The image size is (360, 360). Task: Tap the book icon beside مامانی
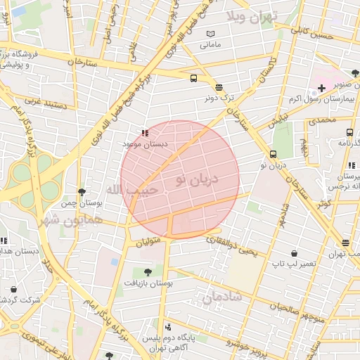(x=210, y=34)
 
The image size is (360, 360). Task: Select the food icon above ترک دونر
(x=219, y=87)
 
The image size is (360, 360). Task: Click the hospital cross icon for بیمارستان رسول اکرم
(x=321, y=88)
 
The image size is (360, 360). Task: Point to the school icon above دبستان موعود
(x=145, y=132)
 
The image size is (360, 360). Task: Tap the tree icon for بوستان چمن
(x=82, y=192)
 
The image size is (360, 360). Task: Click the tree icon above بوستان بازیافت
(x=147, y=271)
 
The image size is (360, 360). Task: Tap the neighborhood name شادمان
(x=222, y=297)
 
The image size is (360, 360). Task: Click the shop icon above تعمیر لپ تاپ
(x=293, y=253)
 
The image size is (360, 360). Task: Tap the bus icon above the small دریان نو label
(x=273, y=154)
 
